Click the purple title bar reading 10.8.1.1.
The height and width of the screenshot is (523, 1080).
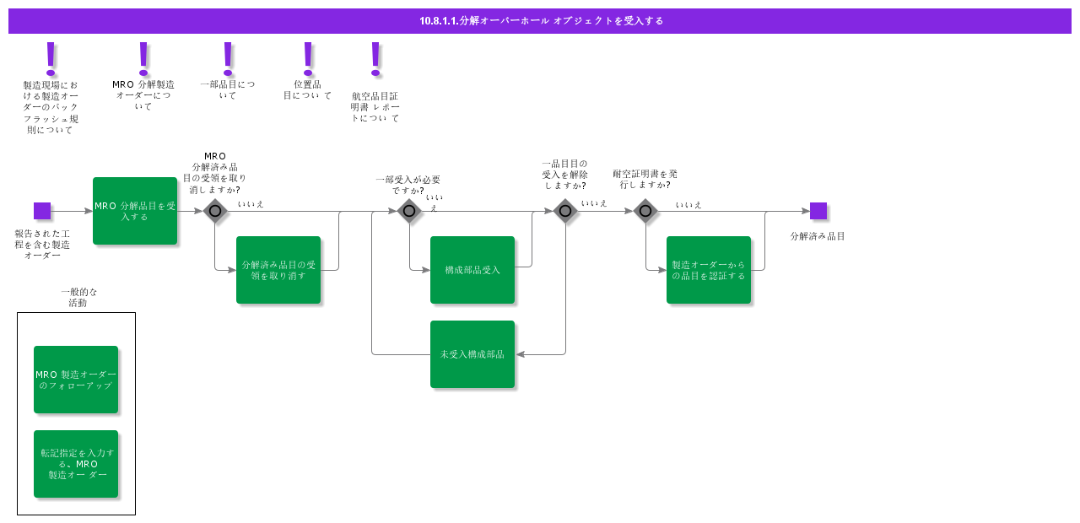coord(540,21)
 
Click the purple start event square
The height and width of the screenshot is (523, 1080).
coord(42,211)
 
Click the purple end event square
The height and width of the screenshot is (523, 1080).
coord(818,211)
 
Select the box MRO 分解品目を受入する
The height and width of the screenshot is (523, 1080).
coord(135,211)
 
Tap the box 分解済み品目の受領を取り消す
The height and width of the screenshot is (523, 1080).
coord(278,270)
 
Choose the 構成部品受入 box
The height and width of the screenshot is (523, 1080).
coord(472,270)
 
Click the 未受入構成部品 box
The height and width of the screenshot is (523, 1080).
coord(472,354)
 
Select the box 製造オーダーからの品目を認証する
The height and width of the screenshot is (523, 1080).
coord(709,270)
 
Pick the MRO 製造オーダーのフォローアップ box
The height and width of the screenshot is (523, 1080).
coord(76,380)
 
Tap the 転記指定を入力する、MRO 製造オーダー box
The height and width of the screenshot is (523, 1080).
coord(76,464)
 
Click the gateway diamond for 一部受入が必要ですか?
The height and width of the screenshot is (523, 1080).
coord(409,211)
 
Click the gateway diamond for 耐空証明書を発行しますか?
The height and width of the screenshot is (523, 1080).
coord(645,211)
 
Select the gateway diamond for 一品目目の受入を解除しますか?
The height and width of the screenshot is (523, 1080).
coord(565,211)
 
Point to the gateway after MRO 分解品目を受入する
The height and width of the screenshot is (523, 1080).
coord(215,211)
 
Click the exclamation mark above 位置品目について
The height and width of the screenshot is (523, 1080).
coord(308,57)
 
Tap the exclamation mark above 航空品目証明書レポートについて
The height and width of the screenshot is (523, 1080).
coord(375,57)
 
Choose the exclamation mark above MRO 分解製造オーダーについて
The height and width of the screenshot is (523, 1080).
coord(143,57)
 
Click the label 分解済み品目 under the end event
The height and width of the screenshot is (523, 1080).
coord(818,237)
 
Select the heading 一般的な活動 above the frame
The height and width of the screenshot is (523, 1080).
coord(78,297)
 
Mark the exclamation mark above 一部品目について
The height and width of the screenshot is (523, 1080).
coord(228,57)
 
